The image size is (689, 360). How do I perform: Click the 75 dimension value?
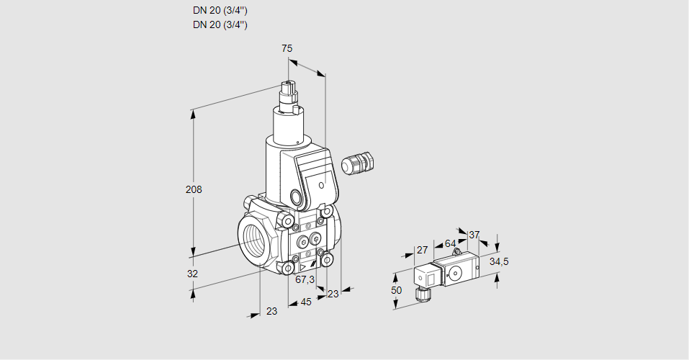(x=287, y=48)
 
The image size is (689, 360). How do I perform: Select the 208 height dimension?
(x=194, y=189)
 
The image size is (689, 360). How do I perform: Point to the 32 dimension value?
(x=192, y=274)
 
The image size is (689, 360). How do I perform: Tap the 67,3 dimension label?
(x=305, y=279)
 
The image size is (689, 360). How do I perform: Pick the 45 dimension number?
(x=306, y=302)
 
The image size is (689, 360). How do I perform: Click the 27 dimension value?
(x=422, y=250)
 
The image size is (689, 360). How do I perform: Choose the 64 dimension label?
(x=450, y=243)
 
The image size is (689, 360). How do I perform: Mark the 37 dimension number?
(x=474, y=235)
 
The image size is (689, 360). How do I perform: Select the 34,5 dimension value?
(x=499, y=261)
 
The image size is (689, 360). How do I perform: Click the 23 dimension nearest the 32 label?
(x=271, y=311)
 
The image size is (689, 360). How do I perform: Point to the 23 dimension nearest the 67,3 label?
(x=333, y=293)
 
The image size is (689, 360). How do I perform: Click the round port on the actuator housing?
(x=296, y=197)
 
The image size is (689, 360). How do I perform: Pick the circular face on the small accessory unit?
(x=455, y=273)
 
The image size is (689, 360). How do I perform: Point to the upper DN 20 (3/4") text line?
(x=220, y=11)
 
